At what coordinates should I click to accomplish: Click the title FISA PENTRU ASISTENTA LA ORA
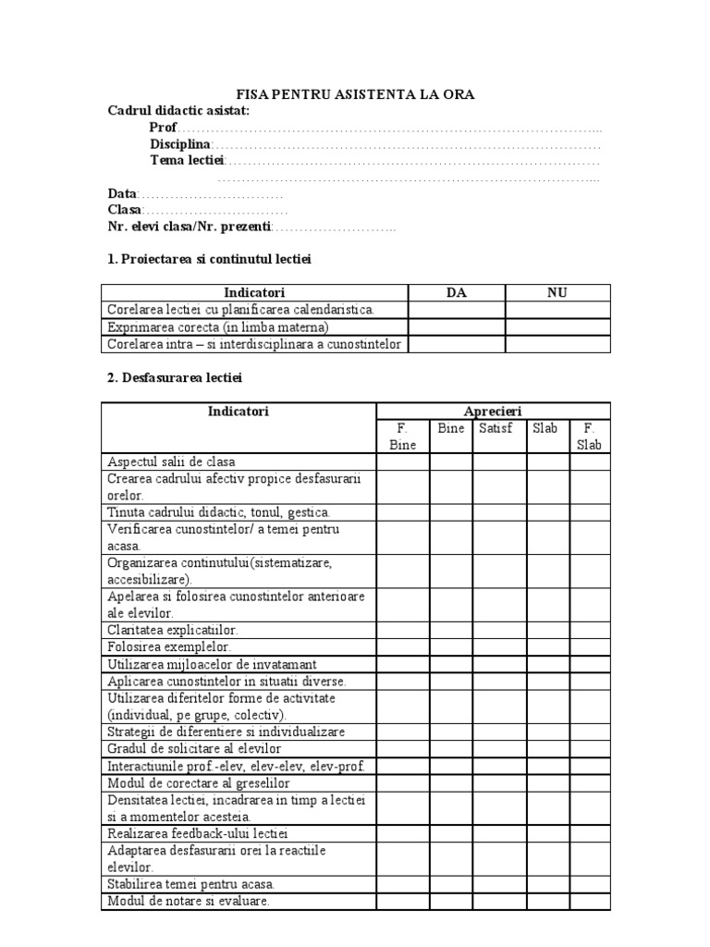355,94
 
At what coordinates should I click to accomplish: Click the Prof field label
163,127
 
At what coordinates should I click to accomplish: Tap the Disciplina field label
180,144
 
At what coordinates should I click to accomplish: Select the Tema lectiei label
181,161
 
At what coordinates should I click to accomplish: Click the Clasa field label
124,211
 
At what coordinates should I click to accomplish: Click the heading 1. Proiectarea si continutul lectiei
210,260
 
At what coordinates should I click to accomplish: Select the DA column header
457,293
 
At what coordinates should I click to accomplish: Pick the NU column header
557,293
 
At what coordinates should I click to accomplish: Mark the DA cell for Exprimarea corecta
457,327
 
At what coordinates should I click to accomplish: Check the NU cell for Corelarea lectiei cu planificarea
557,310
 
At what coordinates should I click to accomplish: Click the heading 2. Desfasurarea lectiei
176,378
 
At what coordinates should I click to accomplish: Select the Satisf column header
495,428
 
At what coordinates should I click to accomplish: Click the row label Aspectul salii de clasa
172,461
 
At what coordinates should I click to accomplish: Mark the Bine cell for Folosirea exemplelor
450,646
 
